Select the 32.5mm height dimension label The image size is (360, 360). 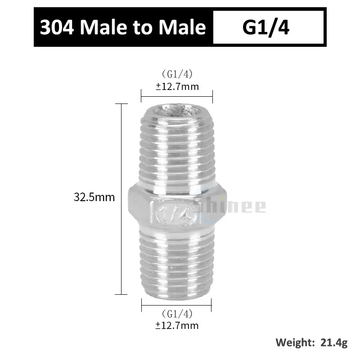(94, 197)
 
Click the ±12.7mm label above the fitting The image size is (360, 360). (177, 86)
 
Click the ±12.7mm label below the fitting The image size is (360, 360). (177, 325)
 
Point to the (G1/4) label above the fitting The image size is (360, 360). (177, 74)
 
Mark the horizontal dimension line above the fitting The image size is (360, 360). (177, 95)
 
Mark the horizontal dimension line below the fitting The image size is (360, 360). (177, 305)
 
